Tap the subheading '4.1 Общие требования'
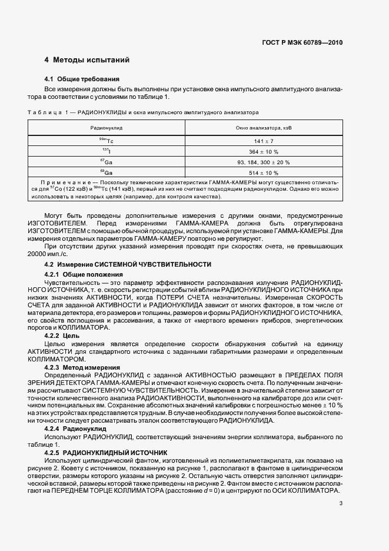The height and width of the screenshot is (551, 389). coord(82,79)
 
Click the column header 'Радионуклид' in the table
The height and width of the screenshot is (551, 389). coord(107,127)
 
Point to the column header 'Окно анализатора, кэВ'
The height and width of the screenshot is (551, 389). coord(264,127)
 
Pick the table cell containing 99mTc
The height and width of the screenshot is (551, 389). coord(107,141)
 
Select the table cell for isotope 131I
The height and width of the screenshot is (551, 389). coord(107,151)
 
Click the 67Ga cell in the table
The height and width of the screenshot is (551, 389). coord(107,162)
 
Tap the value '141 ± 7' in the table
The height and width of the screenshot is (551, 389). coord(264,141)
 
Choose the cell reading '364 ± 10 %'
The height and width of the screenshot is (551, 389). coord(264,152)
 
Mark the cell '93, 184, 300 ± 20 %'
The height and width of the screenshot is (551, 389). coord(264,162)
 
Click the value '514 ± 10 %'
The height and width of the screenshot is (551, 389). coord(264,173)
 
